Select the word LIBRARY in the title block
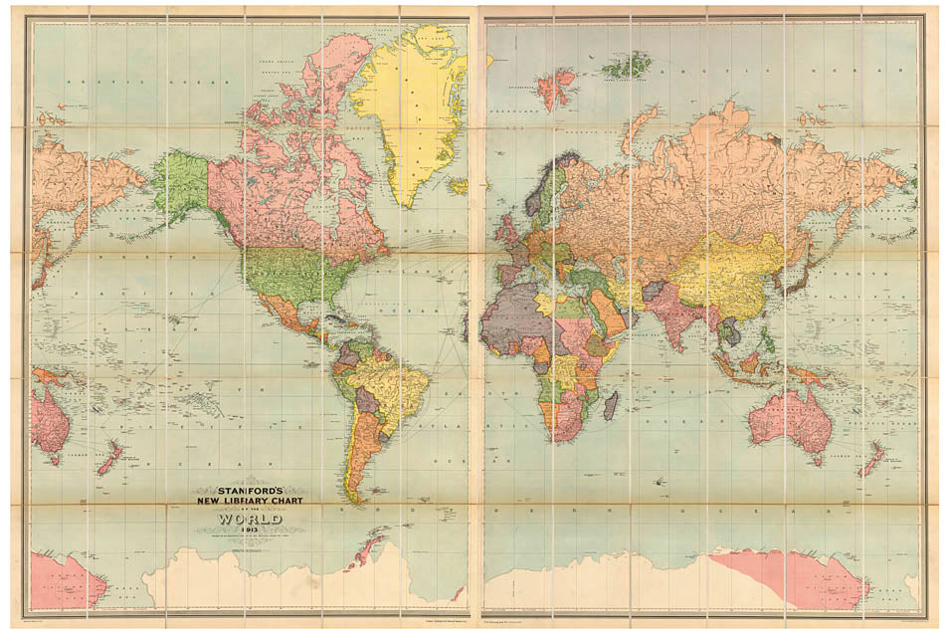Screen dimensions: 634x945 tap(246, 502)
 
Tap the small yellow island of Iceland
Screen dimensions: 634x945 tap(458, 186)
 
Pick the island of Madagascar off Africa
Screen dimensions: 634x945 tap(612, 405)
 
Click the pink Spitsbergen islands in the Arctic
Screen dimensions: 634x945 tap(556, 88)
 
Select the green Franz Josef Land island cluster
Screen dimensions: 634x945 tap(629, 67)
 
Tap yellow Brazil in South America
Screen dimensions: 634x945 tap(398, 383)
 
